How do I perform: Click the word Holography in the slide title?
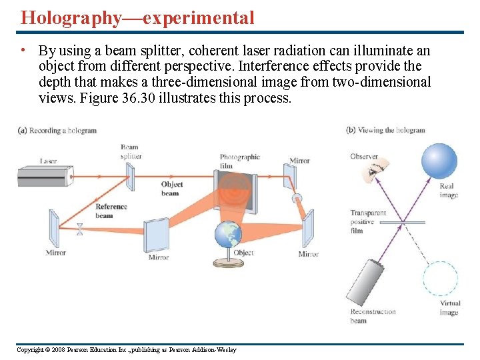pyautogui.click(x=71, y=17)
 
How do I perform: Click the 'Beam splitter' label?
pyautogui.click(x=130, y=151)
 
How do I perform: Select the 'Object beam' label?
pyautogui.click(x=171, y=189)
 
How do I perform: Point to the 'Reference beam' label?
pyautogui.click(x=111, y=211)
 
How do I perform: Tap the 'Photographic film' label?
pyautogui.click(x=239, y=161)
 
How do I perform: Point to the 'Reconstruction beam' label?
pyautogui.click(x=373, y=316)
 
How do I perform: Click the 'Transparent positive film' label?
pyautogui.click(x=368, y=222)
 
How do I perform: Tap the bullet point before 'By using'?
pyautogui.click(x=23, y=51)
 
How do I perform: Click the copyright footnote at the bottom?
pyautogui.click(x=126, y=350)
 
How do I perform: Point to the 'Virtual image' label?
pyautogui.click(x=449, y=308)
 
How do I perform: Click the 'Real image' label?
pyautogui.click(x=449, y=191)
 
